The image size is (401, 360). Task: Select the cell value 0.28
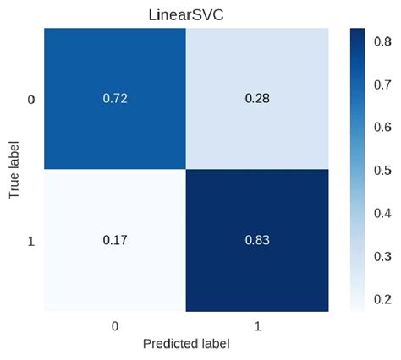point(255,99)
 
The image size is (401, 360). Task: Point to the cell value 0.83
point(255,242)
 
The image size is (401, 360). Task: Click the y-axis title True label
point(14,171)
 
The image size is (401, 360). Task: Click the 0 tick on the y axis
point(31,100)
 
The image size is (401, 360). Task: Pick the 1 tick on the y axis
point(31,242)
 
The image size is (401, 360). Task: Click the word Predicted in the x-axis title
point(168,345)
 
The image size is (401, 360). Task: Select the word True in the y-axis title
point(14,186)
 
